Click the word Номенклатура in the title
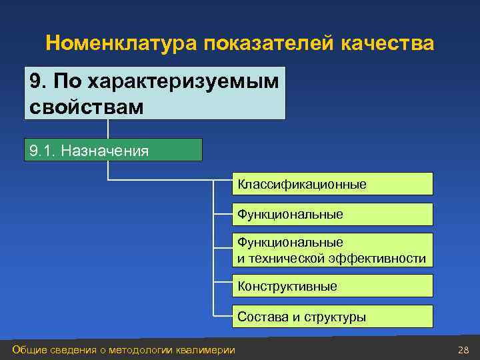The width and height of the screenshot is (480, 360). click(123, 44)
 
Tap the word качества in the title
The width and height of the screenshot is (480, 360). click(387, 44)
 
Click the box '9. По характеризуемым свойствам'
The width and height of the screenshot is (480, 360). click(155, 93)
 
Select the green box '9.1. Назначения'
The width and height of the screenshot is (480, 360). click(113, 151)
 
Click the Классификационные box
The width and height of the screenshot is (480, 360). click(333, 184)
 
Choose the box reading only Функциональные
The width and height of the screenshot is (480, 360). click(333, 215)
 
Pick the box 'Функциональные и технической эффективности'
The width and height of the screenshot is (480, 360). click(333, 250)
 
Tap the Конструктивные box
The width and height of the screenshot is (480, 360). click(333, 286)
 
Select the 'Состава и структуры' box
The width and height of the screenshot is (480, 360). click(333, 317)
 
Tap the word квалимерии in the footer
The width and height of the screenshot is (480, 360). click(205, 350)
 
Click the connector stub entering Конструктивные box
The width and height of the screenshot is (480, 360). click(223, 286)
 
